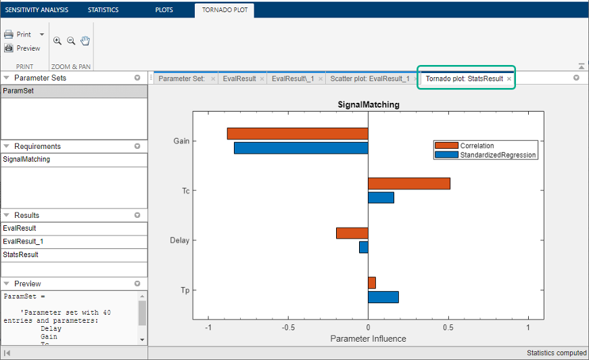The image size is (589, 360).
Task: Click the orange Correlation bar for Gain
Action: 298,134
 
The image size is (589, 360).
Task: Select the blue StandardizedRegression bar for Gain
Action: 301,148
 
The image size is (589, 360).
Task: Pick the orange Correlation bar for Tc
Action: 409,183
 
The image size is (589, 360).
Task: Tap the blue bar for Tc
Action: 381,198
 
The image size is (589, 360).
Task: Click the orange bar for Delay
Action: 352,233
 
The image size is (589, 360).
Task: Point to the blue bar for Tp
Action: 383,297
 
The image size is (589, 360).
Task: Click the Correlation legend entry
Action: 465,145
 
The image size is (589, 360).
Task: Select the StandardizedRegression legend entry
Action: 486,155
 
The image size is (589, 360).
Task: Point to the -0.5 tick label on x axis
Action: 288,328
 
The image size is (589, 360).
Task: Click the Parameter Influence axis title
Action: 368,339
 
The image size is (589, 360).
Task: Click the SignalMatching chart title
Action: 369,104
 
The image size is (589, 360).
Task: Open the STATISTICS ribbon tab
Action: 103,9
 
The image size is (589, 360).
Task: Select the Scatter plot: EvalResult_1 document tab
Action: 370,78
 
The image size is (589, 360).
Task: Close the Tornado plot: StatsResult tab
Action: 509,79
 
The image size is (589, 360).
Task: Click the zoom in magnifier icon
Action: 57,41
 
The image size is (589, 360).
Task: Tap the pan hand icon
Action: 85,41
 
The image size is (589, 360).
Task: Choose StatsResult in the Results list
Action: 21,255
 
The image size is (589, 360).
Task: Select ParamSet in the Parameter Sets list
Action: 18,91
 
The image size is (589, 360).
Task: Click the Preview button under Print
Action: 22,48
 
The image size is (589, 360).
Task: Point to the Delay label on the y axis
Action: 180,240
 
